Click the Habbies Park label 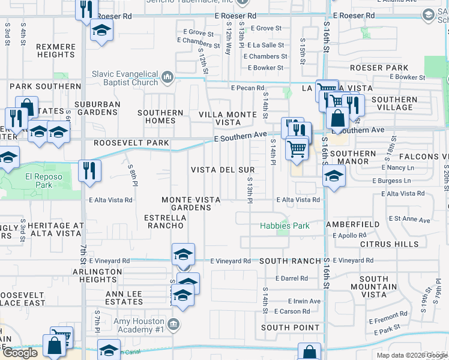[285, 226]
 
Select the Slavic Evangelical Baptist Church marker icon [167, 77]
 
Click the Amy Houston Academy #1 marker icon [173, 325]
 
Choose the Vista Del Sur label [223, 170]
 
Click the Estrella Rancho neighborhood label [164, 221]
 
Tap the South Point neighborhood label [291, 328]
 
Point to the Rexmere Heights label [55, 50]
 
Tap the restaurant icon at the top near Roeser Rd [87, 8]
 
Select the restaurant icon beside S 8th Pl [89, 169]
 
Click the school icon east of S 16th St [333, 175]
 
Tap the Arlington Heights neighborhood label [97, 275]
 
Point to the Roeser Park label [379, 68]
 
